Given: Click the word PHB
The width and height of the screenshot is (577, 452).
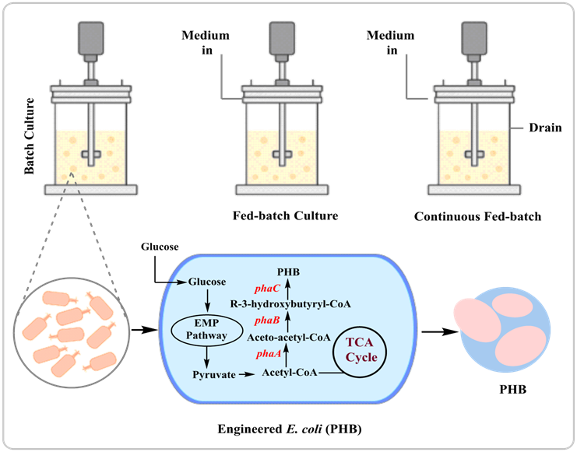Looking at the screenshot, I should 287,273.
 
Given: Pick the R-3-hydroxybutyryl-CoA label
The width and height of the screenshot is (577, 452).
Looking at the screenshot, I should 292,304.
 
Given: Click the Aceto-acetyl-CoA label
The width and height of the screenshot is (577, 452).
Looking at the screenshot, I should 287,338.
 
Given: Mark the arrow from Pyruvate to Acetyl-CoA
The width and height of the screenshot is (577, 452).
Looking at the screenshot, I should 246,375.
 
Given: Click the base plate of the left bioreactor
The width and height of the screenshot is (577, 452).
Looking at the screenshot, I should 92,188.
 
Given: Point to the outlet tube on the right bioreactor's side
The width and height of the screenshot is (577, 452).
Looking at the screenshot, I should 517,128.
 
